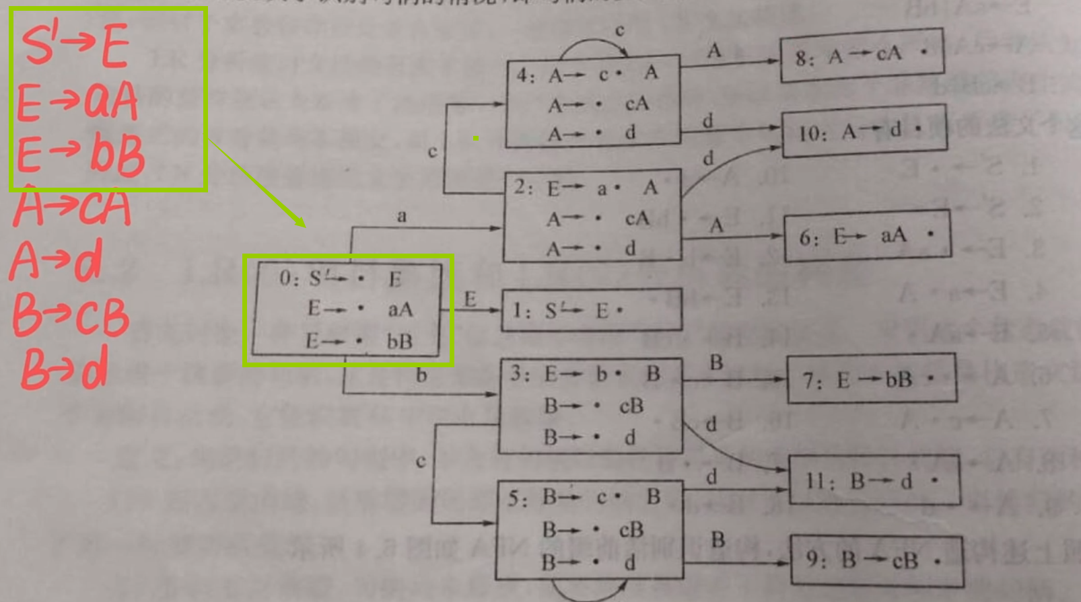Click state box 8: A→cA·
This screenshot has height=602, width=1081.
(x=862, y=55)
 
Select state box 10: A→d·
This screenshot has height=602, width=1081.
(x=864, y=130)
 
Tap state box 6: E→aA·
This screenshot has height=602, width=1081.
(x=868, y=235)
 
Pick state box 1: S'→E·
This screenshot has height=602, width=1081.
(x=591, y=310)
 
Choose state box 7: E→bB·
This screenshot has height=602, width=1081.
(x=871, y=379)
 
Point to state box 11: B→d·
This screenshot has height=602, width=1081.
(x=874, y=480)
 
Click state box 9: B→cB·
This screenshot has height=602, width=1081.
(x=876, y=560)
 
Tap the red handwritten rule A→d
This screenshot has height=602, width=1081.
(x=57, y=260)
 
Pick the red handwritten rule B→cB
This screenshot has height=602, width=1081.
(x=70, y=316)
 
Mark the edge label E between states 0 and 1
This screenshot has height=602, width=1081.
(x=470, y=299)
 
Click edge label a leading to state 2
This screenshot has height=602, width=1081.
(x=402, y=216)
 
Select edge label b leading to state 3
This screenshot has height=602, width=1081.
(x=421, y=375)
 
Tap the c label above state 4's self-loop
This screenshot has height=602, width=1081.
(x=619, y=30)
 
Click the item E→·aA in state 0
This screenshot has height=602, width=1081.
(x=359, y=309)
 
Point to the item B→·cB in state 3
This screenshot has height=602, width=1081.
(x=592, y=406)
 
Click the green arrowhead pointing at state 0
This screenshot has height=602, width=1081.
(x=300, y=222)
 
